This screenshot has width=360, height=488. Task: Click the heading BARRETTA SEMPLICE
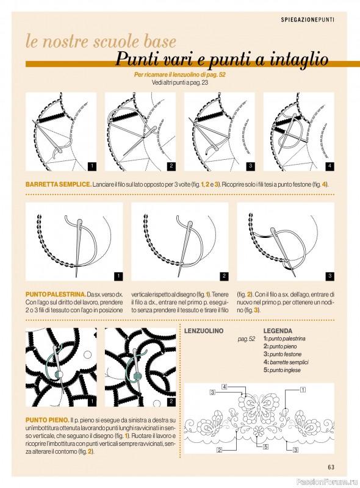[x=59, y=184]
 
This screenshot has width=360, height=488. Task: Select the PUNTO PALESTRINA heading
[x=56, y=294]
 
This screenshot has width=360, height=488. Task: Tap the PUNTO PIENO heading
[x=48, y=420]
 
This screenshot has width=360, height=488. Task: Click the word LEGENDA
[x=278, y=331]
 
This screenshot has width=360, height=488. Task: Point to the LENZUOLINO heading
[x=204, y=331]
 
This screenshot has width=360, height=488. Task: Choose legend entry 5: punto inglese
[x=282, y=370]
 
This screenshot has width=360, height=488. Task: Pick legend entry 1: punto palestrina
[x=284, y=339]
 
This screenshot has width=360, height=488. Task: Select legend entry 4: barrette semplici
[x=286, y=362]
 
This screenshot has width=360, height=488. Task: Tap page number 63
[x=331, y=467]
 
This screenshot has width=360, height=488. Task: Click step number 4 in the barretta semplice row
[x=329, y=166]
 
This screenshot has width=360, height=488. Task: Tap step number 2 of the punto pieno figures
[x=171, y=402]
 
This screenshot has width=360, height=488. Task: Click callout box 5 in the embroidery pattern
[x=265, y=447]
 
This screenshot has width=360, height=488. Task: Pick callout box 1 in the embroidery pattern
[x=303, y=389]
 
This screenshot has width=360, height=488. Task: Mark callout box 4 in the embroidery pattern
[x=224, y=387]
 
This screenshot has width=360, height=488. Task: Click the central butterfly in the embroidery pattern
[x=259, y=406]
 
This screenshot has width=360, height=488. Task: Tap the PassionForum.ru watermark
[x=328, y=482]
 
